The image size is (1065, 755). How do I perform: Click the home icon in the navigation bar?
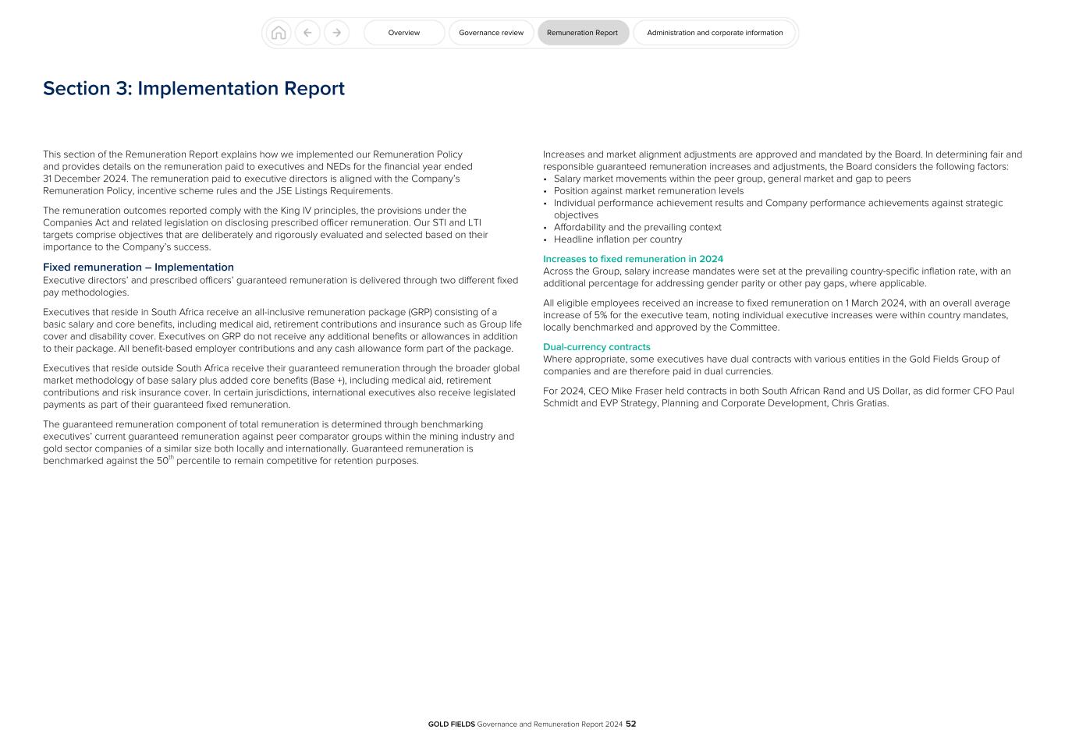tap(279, 33)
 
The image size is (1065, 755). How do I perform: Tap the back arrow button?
tap(307, 33)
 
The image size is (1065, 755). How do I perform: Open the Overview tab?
tap(404, 33)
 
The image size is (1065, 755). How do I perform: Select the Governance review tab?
tap(491, 33)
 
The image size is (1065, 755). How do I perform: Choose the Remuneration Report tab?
tap(582, 33)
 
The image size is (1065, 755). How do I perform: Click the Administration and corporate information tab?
tap(714, 33)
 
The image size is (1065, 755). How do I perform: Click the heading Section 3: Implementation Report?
tap(193, 89)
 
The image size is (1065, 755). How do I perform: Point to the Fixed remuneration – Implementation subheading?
tap(138, 268)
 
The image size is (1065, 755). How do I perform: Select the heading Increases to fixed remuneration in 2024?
tap(633, 259)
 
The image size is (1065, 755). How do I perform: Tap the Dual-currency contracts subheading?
tap(596, 347)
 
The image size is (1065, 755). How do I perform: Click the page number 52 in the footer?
tap(630, 724)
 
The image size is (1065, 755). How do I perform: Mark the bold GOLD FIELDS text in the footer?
tap(451, 725)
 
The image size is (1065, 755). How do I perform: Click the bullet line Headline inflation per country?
tap(617, 239)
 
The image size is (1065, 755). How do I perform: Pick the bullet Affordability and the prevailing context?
tap(637, 228)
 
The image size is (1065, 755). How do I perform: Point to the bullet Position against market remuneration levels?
tap(648, 191)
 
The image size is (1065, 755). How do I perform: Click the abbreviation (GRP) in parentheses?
tap(420, 313)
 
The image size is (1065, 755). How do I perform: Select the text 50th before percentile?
tap(165, 460)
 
